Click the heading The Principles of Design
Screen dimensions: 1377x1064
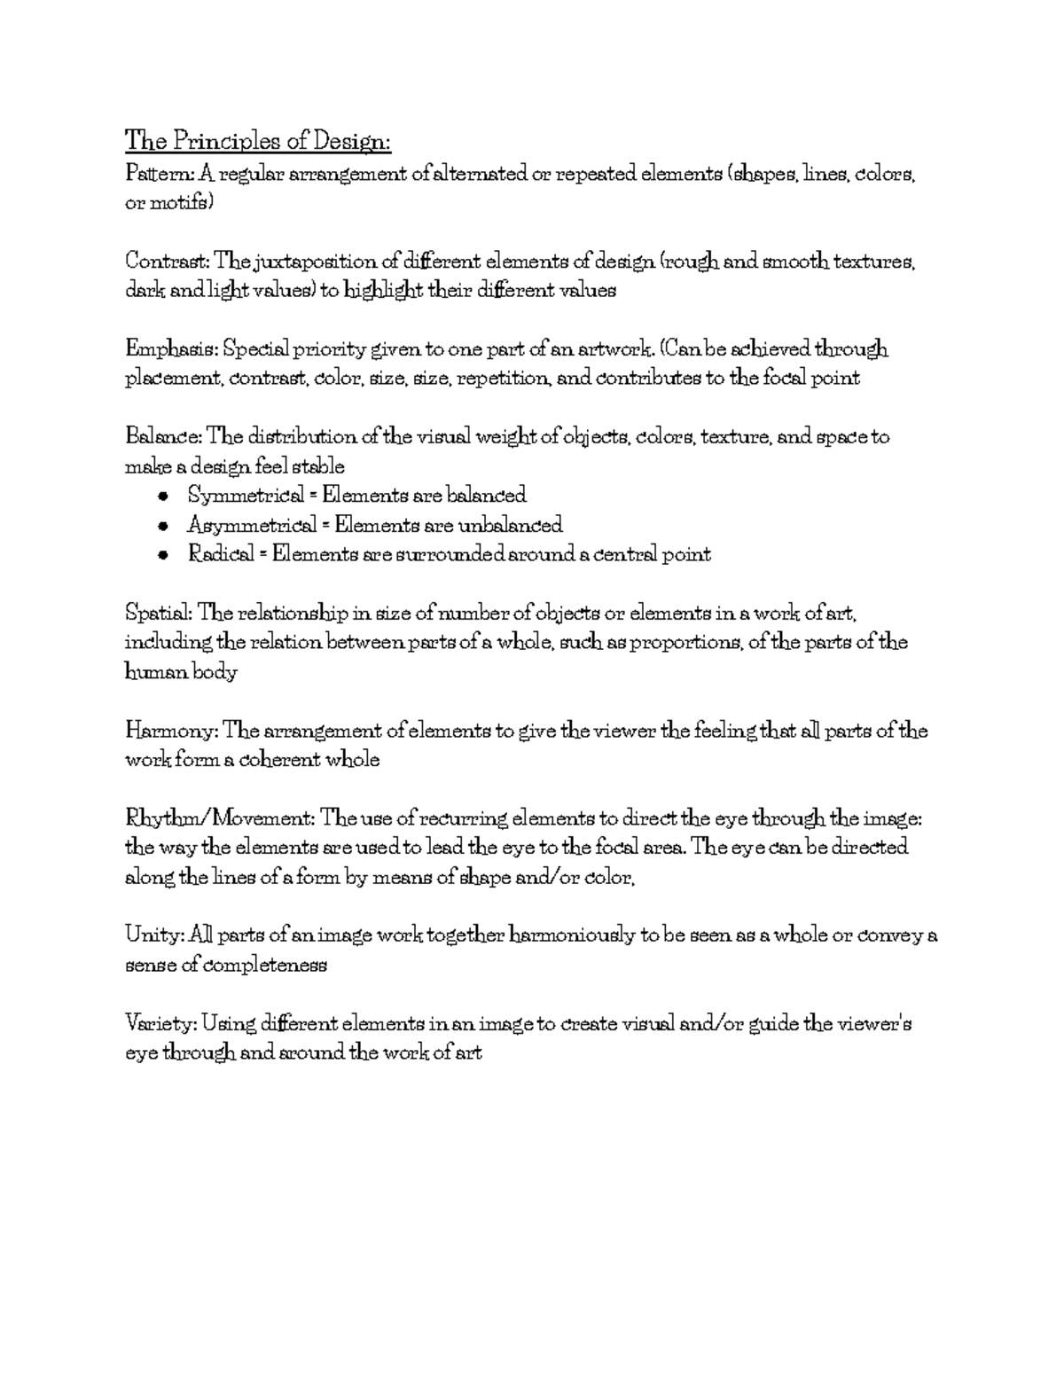click(258, 141)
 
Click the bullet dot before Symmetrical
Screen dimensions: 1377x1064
click(161, 496)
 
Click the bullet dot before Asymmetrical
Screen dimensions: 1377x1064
click(161, 526)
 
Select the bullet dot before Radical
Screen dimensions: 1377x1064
click(161, 555)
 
